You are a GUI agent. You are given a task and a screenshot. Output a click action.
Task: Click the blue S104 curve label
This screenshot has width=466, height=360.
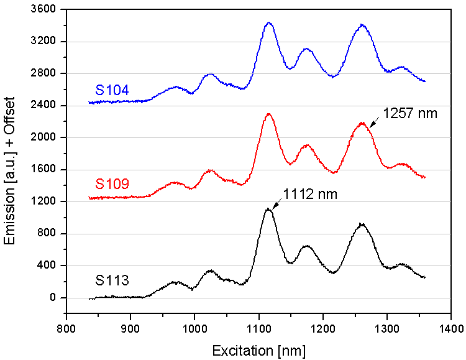pyautogui.click(x=112, y=90)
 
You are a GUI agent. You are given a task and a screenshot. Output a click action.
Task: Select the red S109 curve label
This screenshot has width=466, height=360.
pyautogui.click(x=112, y=184)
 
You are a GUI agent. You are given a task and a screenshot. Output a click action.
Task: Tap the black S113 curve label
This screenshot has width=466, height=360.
pyautogui.click(x=112, y=280)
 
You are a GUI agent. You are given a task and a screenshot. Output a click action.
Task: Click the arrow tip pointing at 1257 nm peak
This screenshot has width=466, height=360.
pyautogui.click(x=370, y=127)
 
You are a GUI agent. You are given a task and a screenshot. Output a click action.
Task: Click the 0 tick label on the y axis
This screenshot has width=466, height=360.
pyautogui.click(x=54, y=298)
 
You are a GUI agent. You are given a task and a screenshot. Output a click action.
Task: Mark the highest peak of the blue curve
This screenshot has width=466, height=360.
pyautogui.click(x=269, y=23)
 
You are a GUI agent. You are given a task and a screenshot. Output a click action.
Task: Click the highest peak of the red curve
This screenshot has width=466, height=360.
pyautogui.click(x=268, y=114)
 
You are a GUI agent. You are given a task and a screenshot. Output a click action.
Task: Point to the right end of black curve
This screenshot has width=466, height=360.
pyautogui.click(x=425, y=277)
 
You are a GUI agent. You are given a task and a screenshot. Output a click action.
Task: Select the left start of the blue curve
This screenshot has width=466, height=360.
pyautogui.click(x=89, y=103)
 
